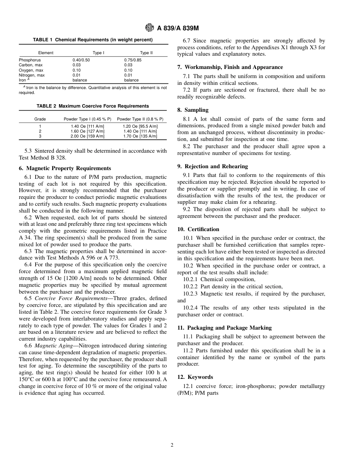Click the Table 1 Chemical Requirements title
(93, 40)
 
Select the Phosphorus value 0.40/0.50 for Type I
(81, 60)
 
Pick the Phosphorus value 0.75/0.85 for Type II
(134, 60)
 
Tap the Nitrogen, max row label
(31, 75)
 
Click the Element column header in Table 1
(45, 53)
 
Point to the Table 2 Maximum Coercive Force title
(93, 106)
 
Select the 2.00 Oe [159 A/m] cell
(88, 136)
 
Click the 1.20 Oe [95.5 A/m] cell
(140, 126)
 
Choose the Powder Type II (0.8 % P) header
(140, 119)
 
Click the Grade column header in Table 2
(40, 119)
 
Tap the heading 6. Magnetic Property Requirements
(65, 168)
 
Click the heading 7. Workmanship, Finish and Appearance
(230, 67)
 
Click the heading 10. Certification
(198, 229)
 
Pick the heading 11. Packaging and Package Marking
(224, 328)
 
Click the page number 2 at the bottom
(172, 445)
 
